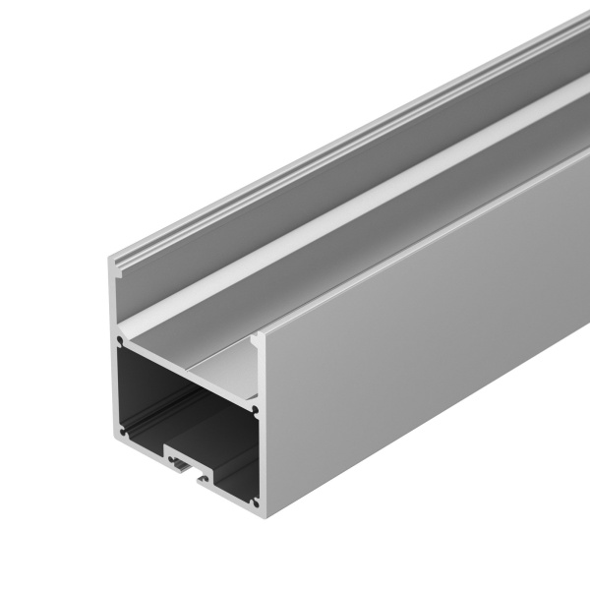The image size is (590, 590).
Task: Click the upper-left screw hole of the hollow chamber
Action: (x=122, y=344)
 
